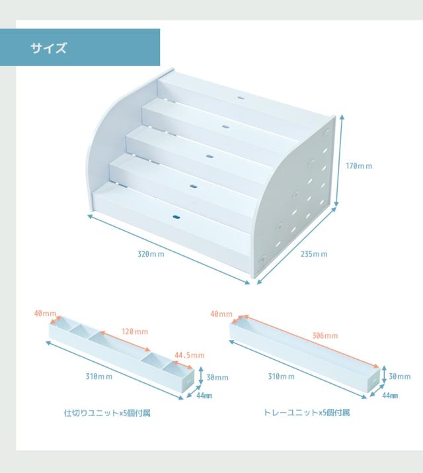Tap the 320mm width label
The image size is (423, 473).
coord(151,256)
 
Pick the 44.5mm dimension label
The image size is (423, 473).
coord(189,355)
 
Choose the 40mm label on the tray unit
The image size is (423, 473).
coord(221,314)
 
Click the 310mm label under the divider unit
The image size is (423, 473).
coord(98,376)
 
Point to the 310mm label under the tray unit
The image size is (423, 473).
coord(282,376)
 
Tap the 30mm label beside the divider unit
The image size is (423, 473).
coord(218,377)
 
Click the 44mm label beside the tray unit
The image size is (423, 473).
coord(390,395)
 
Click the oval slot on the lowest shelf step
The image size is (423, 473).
coord(177,216)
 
